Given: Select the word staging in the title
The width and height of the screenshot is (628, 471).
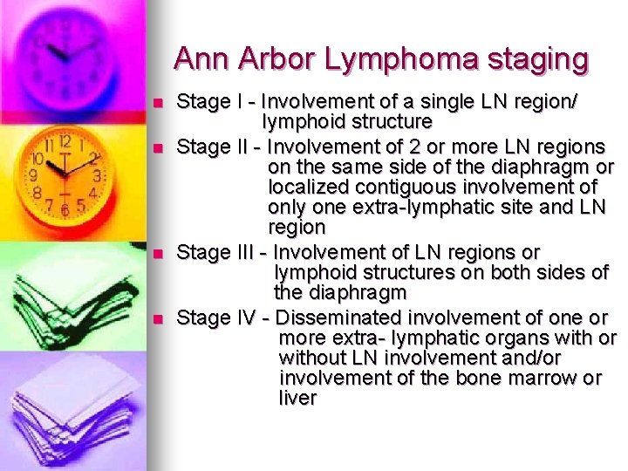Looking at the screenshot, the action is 537,59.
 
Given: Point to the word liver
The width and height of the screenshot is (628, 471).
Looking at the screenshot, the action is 297,399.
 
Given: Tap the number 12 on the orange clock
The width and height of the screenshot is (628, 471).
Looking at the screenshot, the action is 65,142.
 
